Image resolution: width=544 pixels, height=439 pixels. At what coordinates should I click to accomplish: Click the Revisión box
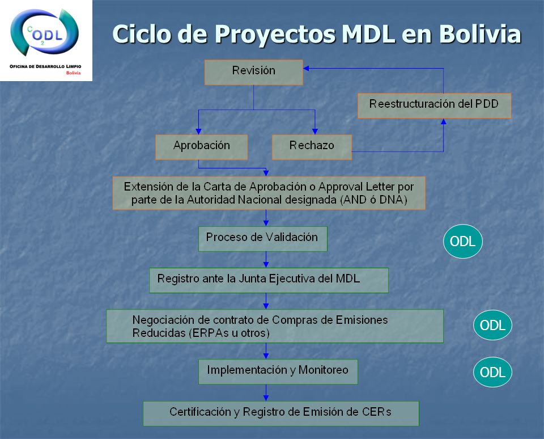point(254,72)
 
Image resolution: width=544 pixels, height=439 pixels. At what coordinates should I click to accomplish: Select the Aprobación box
point(202,147)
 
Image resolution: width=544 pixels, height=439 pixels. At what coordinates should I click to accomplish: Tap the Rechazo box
point(312,147)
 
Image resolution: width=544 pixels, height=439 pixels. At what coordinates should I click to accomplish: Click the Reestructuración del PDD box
point(435,105)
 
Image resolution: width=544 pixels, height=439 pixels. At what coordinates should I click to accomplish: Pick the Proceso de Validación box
point(262,239)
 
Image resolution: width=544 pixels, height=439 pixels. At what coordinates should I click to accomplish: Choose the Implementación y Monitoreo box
point(278,372)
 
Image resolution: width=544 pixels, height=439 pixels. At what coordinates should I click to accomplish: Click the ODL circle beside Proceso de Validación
point(463,242)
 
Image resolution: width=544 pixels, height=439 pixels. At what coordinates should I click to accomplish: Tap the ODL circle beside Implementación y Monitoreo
point(492,372)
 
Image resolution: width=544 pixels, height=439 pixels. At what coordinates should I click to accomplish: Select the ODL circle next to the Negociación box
point(492,325)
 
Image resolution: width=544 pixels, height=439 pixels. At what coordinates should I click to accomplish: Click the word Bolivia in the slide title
point(480,34)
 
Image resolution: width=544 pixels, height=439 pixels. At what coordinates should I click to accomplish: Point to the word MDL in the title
point(368,34)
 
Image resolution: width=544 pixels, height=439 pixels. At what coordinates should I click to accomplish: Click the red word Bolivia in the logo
point(73,73)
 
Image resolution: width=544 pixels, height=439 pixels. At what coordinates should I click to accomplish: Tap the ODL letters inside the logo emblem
point(47,35)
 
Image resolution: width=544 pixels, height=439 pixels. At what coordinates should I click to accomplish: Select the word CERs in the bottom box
point(377,412)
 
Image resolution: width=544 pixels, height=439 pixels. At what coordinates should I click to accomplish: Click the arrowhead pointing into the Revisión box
point(306,69)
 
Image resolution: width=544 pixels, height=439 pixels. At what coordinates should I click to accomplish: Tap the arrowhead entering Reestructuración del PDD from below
point(443,121)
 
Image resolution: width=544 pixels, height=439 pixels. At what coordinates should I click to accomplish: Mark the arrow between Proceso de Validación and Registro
point(266,260)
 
